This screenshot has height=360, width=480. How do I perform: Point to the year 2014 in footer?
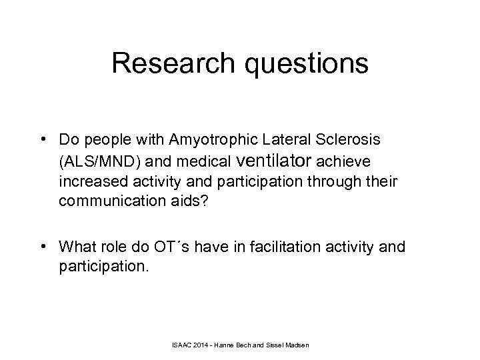204,344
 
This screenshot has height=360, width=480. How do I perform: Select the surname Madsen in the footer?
302,344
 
